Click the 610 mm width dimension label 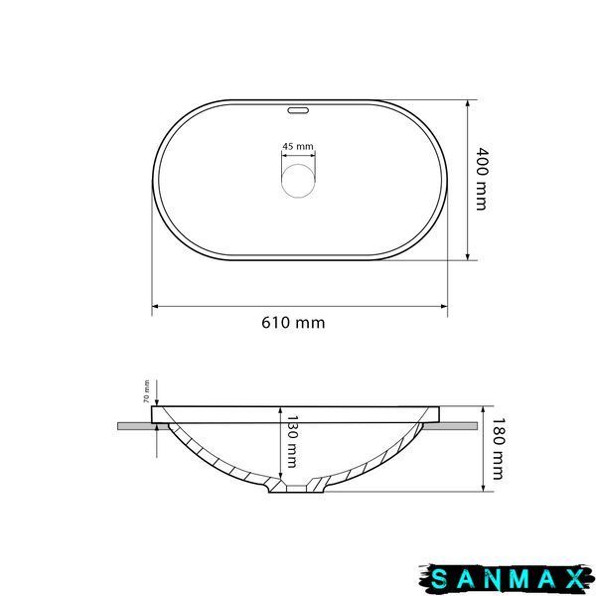click(x=293, y=323)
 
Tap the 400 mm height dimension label click(x=482, y=179)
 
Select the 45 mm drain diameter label click(x=298, y=146)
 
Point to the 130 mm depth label click(x=291, y=441)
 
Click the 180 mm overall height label click(x=498, y=449)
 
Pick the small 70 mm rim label click(x=146, y=391)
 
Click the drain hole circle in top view click(x=298, y=181)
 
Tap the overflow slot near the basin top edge click(x=298, y=110)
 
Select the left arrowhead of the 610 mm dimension click(x=155, y=306)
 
